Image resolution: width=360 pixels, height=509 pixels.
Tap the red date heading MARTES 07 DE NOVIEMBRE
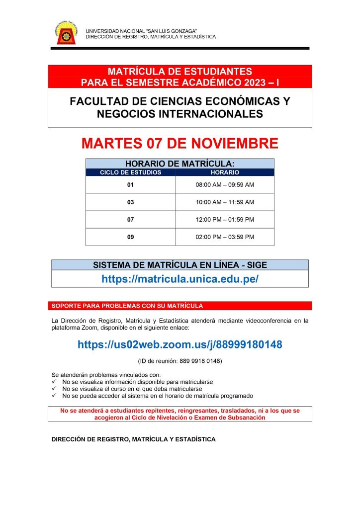pos(180,144)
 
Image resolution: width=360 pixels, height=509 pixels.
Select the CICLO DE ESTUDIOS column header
pos(131,172)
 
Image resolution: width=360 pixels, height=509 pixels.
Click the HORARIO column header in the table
pos(225,172)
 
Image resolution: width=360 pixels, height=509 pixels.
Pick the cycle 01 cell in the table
pos(131,185)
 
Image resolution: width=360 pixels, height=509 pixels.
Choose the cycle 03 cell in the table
pos(131,202)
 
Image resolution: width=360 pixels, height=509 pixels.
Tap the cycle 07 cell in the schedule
pos(131,220)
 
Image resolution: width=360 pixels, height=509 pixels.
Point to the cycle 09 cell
pos(131,237)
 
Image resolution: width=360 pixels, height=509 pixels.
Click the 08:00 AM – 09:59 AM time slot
pos(225,185)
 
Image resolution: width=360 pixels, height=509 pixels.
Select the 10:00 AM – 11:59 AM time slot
pos(225,202)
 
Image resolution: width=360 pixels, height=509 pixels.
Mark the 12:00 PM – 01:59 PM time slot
pos(225,220)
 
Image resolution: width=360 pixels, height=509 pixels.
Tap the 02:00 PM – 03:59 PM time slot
pos(225,237)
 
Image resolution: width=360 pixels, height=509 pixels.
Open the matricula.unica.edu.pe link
pos(180,279)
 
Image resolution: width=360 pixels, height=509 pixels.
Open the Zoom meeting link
pos(180,344)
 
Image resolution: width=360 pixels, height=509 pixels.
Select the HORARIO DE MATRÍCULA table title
pos(180,164)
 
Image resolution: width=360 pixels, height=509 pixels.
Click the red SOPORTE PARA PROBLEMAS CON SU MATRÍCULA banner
pos(180,306)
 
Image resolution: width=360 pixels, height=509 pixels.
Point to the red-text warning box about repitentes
pos(180,414)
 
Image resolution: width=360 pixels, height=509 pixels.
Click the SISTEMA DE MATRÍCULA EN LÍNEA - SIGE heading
pos(180,265)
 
